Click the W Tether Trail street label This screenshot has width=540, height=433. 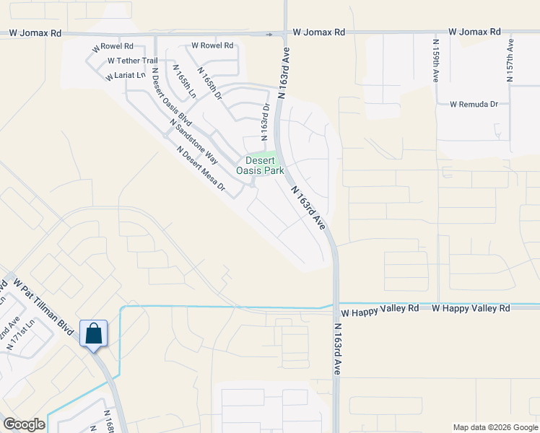tap(132, 61)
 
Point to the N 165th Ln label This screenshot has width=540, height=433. tap(183, 81)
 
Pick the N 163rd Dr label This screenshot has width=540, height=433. tap(265, 121)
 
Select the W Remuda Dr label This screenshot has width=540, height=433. tap(474, 104)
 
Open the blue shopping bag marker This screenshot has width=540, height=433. tap(94, 334)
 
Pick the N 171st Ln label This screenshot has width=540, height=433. tap(21, 333)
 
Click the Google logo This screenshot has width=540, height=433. tap(24, 424)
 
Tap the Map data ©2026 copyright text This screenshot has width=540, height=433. tap(495, 427)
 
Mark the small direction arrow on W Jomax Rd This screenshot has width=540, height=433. tap(269, 33)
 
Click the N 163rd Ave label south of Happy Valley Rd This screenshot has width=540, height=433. tap(337, 349)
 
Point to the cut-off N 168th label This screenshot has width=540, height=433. tap(109, 422)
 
